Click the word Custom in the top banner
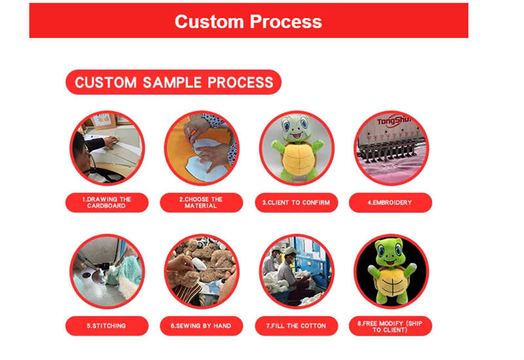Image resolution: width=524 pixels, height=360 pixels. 209,22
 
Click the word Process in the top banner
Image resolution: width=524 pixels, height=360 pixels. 286,22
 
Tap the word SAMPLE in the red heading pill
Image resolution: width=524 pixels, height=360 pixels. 172,82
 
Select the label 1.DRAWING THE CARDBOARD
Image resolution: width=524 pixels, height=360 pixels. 107,202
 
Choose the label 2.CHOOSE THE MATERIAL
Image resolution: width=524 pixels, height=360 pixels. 201,202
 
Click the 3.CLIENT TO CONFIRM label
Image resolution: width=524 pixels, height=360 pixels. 296,202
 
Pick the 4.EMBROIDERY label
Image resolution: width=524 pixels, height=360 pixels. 390,202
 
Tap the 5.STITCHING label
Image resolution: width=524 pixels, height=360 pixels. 107,325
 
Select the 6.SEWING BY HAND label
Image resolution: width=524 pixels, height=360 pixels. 201,325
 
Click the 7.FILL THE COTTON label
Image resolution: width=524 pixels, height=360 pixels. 296,325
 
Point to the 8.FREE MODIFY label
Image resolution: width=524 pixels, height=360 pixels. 390,326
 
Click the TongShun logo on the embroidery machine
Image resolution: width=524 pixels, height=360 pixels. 394,121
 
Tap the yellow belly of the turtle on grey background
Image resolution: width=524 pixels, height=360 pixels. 297,158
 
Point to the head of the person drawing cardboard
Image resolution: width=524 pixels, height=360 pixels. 80,151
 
